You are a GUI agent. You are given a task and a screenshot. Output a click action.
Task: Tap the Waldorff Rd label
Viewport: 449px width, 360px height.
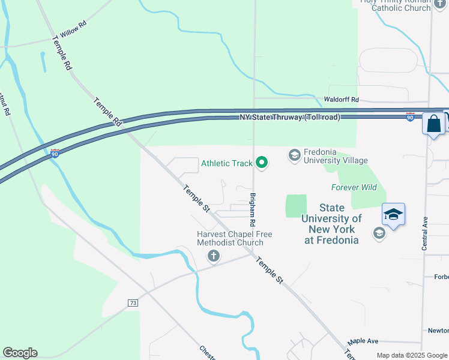tap(341, 100)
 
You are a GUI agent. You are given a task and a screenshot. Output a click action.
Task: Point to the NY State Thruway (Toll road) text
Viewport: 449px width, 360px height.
tap(290, 117)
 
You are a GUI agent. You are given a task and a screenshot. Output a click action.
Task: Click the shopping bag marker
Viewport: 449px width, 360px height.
tap(433, 125)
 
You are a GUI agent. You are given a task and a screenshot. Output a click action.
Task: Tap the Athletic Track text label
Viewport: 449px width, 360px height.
tap(227, 163)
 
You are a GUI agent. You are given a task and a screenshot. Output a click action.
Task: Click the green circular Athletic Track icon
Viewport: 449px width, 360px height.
tap(262, 163)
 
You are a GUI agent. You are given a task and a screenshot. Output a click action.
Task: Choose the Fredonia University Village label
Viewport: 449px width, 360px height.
tap(336, 157)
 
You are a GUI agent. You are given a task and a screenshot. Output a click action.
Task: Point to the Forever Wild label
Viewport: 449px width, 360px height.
tap(354, 188)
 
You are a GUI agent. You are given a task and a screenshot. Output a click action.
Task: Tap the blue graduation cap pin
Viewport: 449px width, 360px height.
tap(393, 215)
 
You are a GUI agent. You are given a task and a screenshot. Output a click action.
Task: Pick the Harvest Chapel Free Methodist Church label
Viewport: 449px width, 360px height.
tap(231, 239)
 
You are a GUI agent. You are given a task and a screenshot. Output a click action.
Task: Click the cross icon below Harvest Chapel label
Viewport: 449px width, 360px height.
tap(212, 257)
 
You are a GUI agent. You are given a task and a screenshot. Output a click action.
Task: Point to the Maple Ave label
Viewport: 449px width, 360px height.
tap(363, 341)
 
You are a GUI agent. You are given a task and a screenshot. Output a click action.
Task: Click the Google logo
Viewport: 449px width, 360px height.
tap(20, 353)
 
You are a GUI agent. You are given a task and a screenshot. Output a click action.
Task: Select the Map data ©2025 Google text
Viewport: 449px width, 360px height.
tap(412, 355)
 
